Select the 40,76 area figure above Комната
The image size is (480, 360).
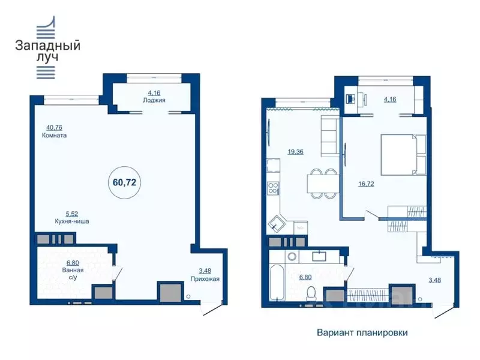tap(56, 127)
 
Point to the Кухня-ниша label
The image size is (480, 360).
tap(73, 221)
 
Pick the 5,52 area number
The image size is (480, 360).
tap(73, 213)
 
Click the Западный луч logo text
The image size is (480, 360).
tap(47, 50)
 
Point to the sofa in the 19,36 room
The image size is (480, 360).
tap(330, 136)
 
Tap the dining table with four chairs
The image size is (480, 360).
tap(322, 182)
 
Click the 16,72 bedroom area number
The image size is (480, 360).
tap(366, 184)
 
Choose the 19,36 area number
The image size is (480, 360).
tap(295, 152)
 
